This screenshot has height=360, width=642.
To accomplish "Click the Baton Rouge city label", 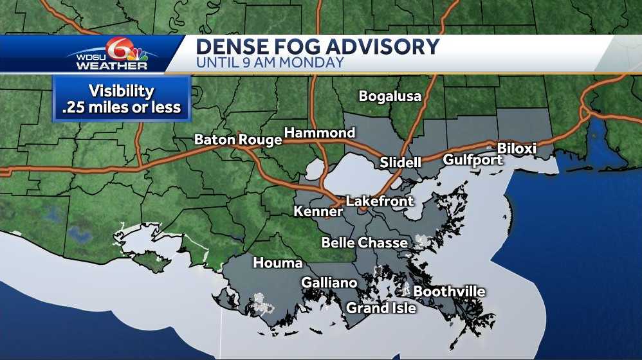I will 238,139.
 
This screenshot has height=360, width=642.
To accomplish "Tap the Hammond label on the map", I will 320,133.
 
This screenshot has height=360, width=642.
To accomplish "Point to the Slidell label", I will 400,162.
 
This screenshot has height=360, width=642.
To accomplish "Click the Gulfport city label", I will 473,159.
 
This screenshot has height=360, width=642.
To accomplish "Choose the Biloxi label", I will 517,148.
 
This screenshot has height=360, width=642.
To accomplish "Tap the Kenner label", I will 318,212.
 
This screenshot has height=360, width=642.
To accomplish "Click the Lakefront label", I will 380,201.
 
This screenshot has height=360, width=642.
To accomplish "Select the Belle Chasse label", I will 364,242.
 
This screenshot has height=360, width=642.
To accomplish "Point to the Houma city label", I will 278,262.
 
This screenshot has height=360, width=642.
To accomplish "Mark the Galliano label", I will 329,283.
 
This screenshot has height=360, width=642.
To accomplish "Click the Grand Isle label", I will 381,308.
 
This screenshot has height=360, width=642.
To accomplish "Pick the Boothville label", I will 449,291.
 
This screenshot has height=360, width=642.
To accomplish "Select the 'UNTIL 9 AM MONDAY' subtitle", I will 270,63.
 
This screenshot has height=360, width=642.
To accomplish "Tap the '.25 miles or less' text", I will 122,107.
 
